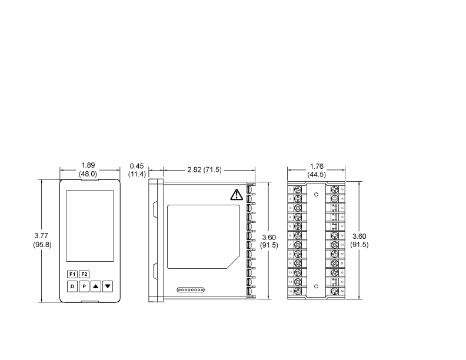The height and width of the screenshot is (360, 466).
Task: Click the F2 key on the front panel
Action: click(84, 274)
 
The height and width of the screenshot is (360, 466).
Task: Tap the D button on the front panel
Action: click(72, 286)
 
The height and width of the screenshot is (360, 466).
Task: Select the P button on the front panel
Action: click(84, 286)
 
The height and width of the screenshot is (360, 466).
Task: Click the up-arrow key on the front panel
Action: click(96, 286)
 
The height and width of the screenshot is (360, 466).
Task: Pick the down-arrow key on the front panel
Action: click(107, 286)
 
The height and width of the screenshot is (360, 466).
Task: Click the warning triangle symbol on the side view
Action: click(237, 195)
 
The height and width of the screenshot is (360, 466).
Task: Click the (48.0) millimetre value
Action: click(88, 174)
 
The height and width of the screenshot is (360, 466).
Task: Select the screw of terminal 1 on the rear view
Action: click(298, 190)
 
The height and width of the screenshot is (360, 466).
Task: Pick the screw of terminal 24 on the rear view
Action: click(334, 291)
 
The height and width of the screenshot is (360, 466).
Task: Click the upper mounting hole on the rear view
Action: click(316, 194)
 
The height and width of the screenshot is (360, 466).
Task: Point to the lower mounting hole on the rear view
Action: click(316, 286)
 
